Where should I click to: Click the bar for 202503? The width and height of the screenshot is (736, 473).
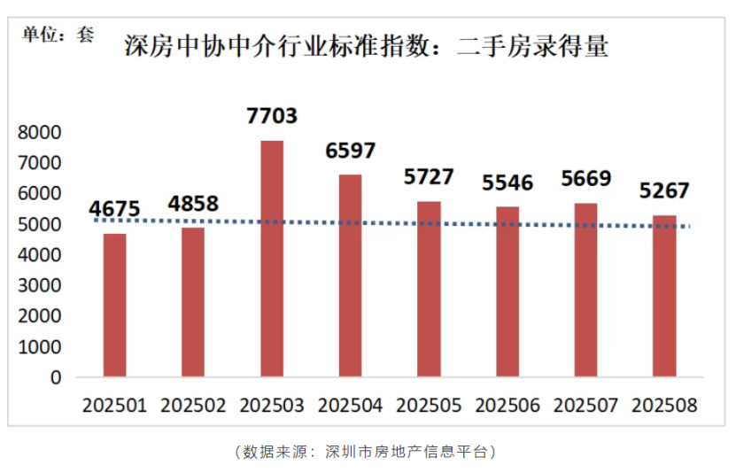coord(272,259)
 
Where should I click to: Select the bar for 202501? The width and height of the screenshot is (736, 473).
coord(114,306)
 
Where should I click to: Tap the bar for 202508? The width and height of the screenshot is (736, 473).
coord(664,297)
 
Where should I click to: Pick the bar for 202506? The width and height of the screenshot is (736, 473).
coord(507,292)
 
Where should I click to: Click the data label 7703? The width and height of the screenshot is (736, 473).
coord(272,116)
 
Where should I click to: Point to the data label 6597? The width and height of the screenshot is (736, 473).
coord(351,151)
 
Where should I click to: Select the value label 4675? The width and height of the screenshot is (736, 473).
coord(114,209)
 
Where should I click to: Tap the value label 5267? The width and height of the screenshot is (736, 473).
coord(664,191)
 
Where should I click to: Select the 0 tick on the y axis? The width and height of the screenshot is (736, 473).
coord(56,377)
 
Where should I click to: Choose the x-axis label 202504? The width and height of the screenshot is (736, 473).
coord(350,406)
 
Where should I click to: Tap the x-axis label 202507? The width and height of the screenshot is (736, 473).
coord(585,406)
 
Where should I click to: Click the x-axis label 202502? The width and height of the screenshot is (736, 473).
coord(193,406)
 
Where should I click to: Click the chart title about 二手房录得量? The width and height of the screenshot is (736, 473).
coord(366,46)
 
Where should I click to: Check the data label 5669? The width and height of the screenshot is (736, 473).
coord(586,179)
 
